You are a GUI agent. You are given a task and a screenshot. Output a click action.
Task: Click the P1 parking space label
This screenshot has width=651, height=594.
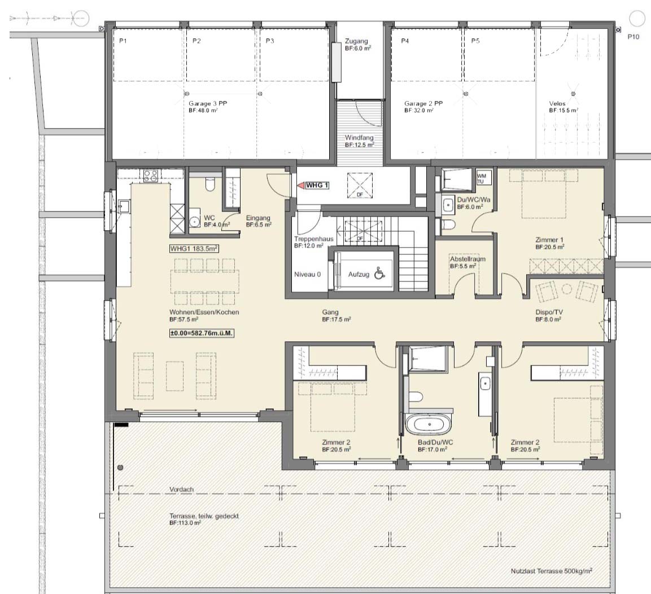pyautogui.click(x=123, y=41)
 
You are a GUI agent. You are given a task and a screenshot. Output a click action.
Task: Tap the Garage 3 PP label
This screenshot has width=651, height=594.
pyautogui.click(x=208, y=103)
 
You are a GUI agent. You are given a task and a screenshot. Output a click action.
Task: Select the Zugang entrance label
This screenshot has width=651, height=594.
pyautogui.click(x=356, y=41)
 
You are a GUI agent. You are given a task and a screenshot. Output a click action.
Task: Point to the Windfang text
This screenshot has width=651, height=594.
pyautogui.click(x=359, y=137)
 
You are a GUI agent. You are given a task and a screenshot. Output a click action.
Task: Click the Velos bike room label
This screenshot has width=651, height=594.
pyautogui.click(x=557, y=103)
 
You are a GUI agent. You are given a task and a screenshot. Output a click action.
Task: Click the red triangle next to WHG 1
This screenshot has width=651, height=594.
pyautogui.click(x=300, y=186)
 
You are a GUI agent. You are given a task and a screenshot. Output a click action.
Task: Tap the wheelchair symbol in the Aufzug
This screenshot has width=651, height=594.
pyautogui.click(x=378, y=274)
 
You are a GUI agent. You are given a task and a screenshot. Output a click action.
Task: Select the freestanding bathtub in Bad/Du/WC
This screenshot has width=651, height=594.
pyautogui.click(x=429, y=425)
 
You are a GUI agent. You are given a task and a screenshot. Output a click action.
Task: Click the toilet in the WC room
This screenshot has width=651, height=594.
pyautogui.click(x=209, y=184)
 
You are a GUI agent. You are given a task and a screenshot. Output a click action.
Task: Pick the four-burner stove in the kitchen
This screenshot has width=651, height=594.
pyautogui.click(x=150, y=176)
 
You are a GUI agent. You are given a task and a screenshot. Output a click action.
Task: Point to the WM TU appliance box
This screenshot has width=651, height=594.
pyautogui.click(x=484, y=178)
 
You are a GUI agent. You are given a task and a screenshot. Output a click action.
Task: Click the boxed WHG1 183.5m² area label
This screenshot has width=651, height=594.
pyautogui.click(x=194, y=248)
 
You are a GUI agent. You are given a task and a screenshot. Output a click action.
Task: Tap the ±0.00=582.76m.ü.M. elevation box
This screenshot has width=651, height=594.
pyautogui.click(x=202, y=333)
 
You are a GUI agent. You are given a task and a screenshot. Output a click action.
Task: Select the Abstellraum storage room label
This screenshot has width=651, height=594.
pyautogui.click(x=468, y=259)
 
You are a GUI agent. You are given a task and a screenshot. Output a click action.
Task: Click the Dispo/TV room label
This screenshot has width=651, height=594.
pyautogui.click(x=549, y=313)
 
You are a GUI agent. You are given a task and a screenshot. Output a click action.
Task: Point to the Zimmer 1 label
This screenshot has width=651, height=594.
pyautogui.click(x=549, y=240)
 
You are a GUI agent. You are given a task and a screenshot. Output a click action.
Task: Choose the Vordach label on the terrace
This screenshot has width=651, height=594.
pyautogui.click(x=181, y=490)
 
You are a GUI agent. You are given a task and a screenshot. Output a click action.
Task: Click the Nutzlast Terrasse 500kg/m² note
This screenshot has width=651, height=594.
pyautogui.click(x=552, y=571)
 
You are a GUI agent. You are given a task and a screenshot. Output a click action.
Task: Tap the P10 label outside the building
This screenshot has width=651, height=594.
pyautogui.click(x=633, y=37)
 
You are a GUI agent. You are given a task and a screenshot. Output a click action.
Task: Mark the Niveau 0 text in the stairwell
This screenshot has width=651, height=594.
pyautogui.click(x=307, y=274)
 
